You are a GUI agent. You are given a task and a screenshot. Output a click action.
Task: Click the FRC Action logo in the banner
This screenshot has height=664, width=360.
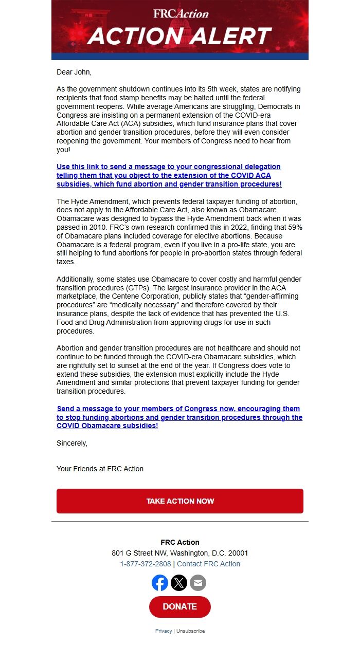click(181, 13)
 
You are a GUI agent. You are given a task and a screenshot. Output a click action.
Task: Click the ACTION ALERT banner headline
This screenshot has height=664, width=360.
click(179, 36)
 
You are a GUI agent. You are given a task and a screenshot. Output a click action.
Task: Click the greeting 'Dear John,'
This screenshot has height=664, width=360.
click(74, 72)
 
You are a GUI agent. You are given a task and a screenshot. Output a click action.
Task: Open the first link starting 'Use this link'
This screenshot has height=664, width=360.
click(169, 175)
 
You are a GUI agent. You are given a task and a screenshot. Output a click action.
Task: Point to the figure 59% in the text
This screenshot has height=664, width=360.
click(291, 227)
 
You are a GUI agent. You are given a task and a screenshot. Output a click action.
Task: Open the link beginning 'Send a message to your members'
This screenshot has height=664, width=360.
click(179, 417)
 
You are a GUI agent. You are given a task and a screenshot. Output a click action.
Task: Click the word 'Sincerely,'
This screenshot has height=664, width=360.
click(72, 443)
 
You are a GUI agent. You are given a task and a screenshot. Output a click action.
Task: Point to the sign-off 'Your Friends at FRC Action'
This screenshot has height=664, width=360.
click(100, 469)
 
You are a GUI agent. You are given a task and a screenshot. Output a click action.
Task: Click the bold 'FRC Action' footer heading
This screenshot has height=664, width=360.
click(180, 542)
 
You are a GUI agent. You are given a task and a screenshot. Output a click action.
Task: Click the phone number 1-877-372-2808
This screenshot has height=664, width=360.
click(146, 564)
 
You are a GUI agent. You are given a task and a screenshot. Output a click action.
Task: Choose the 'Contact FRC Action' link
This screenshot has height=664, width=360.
click(208, 564)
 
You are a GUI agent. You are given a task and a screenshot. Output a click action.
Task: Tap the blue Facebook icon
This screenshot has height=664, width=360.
click(160, 583)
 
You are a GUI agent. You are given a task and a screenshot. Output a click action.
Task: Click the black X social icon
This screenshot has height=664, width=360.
click(179, 583)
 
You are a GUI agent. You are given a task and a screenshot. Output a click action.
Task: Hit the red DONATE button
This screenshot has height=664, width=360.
click(180, 607)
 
